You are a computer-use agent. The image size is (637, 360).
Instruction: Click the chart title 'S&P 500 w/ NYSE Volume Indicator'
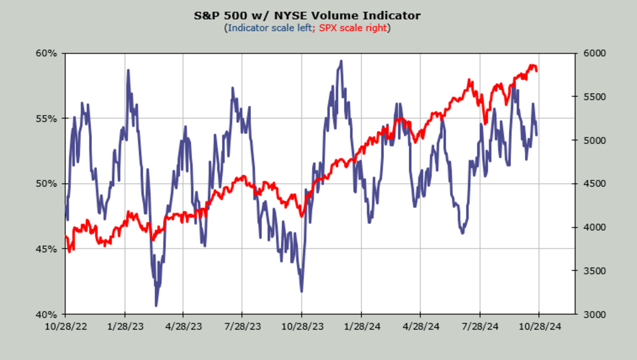[x=307, y=15]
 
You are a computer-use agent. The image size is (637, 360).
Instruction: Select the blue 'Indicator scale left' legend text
[x=269, y=28]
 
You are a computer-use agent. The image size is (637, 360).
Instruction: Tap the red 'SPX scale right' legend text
[x=352, y=28]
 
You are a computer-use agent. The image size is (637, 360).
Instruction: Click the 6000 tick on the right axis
[x=590, y=53]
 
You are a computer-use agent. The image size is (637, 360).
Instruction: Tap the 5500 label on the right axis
[x=590, y=97]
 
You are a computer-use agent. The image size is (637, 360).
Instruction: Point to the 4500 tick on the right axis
[x=590, y=184]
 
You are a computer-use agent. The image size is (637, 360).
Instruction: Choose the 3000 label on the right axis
[x=590, y=314]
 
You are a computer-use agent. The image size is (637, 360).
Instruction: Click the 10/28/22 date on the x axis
[x=66, y=325]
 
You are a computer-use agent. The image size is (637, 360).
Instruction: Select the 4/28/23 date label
[x=183, y=325]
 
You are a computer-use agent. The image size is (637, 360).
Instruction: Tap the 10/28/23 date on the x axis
[x=302, y=325]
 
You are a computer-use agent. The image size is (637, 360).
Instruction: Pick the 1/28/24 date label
[x=361, y=325]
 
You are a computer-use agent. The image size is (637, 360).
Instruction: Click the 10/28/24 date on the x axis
[x=539, y=325]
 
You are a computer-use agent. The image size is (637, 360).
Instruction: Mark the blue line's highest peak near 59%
[x=341, y=61]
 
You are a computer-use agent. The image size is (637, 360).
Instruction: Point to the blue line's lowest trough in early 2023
[x=156, y=305]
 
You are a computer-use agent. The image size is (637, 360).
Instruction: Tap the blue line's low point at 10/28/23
[x=302, y=291]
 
